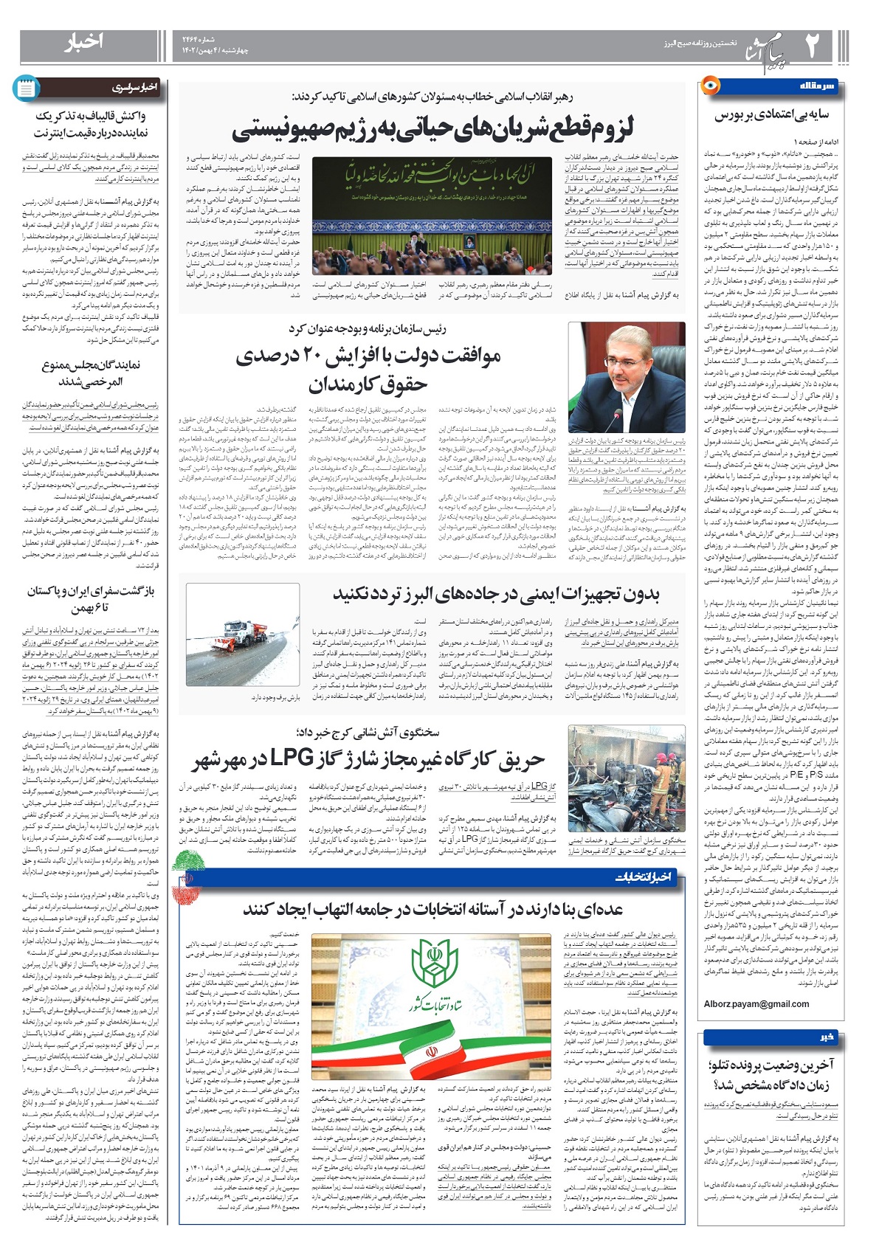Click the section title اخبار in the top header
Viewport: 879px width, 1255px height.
click(83, 43)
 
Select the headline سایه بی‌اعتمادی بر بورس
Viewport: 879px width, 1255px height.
click(771, 115)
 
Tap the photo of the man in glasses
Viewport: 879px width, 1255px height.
click(621, 380)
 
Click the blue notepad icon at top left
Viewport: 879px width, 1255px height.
click(26, 89)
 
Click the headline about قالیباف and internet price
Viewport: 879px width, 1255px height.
click(91, 124)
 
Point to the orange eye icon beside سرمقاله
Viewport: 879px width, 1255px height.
click(711, 86)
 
